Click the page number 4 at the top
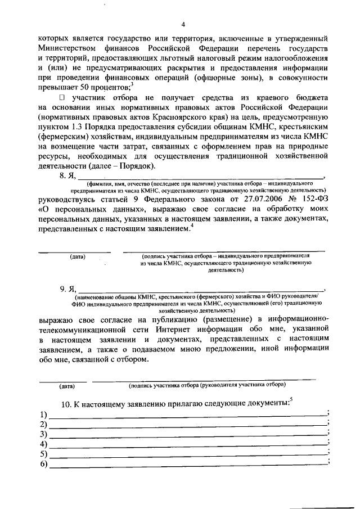[x=183, y=24]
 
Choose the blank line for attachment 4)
[x=188, y=444]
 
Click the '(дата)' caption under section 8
[x=78, y=256]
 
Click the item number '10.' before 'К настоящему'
[x=66, y=403]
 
